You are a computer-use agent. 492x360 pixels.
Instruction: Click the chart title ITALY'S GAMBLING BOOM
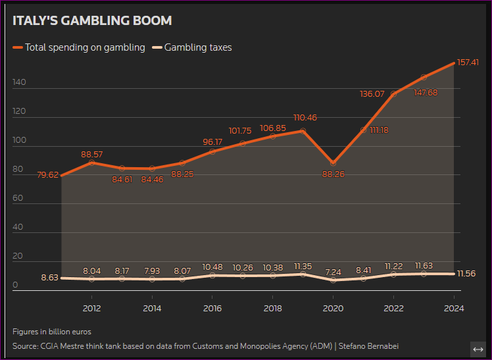[92, 21]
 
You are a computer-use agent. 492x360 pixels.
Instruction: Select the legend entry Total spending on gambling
[84, 47]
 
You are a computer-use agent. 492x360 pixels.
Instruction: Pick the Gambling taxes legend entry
[197, 47]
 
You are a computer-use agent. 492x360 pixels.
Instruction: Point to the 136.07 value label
[372, 94]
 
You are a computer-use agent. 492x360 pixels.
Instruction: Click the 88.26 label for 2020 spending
[333, 174]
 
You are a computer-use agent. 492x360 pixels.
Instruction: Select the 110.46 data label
[305, 118]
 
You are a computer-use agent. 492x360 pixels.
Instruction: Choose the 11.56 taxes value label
[467, 274]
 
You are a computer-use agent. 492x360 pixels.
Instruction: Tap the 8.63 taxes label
[49, 278]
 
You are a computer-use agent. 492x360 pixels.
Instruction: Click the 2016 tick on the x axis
[212, 308]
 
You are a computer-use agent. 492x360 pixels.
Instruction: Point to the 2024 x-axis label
[454, 308]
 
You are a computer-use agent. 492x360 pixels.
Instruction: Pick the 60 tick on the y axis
[18, 198]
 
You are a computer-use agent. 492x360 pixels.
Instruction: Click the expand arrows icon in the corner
[478, 349]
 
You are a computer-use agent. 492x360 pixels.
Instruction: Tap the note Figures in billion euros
[52, 332]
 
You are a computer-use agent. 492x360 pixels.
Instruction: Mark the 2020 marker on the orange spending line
[333, 162]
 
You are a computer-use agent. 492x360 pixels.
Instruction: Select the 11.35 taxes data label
[303, 267]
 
